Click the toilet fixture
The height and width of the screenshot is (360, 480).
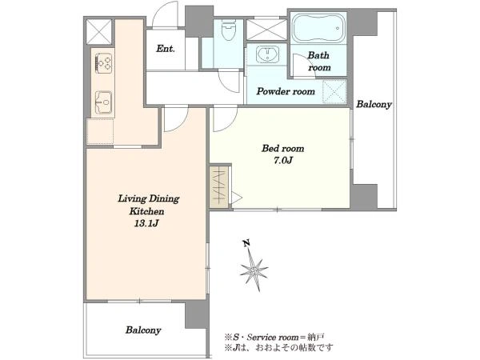click(228, 30)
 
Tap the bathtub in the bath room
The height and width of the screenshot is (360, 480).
click(318, 27)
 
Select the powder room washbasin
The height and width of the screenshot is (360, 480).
click(268, 54)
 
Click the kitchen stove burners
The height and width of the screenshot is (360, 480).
click(104, 63)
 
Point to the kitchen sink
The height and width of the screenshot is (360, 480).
click(104, 102)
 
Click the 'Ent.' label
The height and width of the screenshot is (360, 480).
click(166, 48)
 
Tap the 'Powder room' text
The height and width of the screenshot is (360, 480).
click(286, 91)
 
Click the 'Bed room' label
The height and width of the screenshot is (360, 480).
click(282, 149)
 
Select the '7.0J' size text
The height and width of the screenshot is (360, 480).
click(283, 161)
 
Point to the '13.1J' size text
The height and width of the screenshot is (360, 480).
click(146, 223)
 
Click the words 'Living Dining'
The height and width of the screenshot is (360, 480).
click(149, 198)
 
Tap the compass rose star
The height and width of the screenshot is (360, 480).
click(254, 270)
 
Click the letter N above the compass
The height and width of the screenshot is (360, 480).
click(246, 243)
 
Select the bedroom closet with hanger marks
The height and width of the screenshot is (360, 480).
click(220, 186)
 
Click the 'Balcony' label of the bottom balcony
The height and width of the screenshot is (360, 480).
click(143, 330)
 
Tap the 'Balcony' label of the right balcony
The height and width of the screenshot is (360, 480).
click(374, 104)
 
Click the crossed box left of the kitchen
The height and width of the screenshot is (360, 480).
click(98, 32)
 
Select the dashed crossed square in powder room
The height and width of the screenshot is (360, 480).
click(334, 91)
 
